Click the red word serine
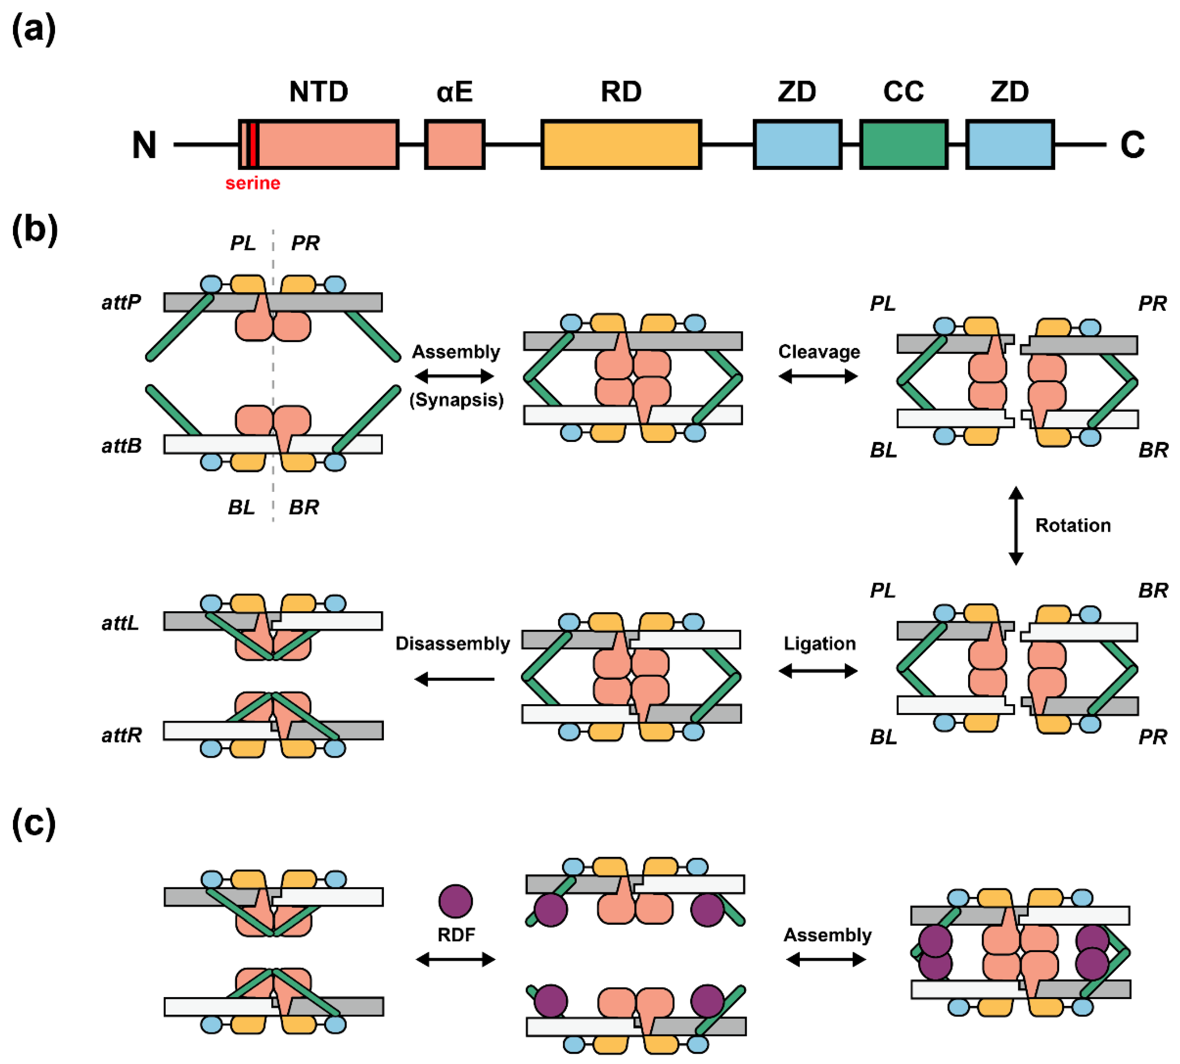pos(253,184)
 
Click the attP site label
pos(121,302)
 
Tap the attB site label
pos(121,446)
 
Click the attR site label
pos(121,735)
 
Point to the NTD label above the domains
pos(318,92)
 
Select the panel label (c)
pos(33,823)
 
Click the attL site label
pos(120,623)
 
